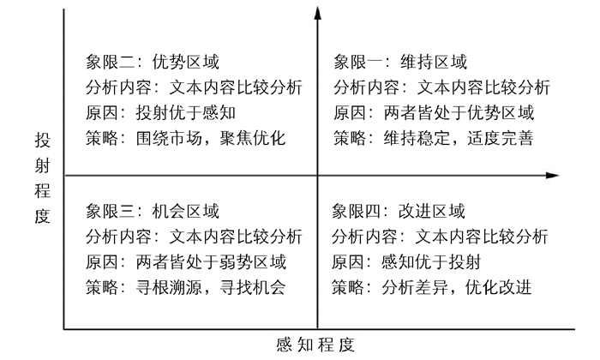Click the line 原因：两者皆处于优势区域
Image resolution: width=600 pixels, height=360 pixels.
point(434,112)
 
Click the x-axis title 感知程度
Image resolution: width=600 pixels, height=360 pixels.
point(315,345)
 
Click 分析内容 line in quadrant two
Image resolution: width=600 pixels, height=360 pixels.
point(195,87)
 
